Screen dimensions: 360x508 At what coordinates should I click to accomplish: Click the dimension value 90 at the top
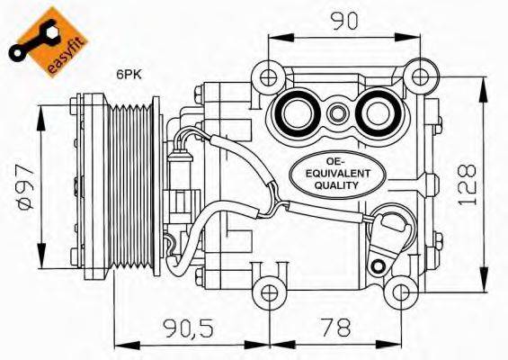click(338, 19)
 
